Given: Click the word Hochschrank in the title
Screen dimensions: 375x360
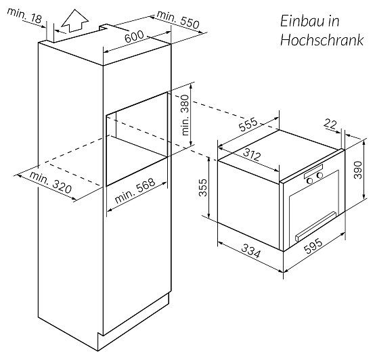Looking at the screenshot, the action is pos(322,40).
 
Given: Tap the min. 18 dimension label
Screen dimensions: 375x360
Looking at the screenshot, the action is pos(24,16).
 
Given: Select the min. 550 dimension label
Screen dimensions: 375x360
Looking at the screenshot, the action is pos(178,20).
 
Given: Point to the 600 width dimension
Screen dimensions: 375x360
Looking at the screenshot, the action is pos(135,37).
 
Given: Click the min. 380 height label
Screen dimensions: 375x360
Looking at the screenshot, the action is pos(185,115).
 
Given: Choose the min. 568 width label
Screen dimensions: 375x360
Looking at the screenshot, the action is pos(135,191).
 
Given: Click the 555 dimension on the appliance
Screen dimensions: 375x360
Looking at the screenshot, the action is pos(248,124).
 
